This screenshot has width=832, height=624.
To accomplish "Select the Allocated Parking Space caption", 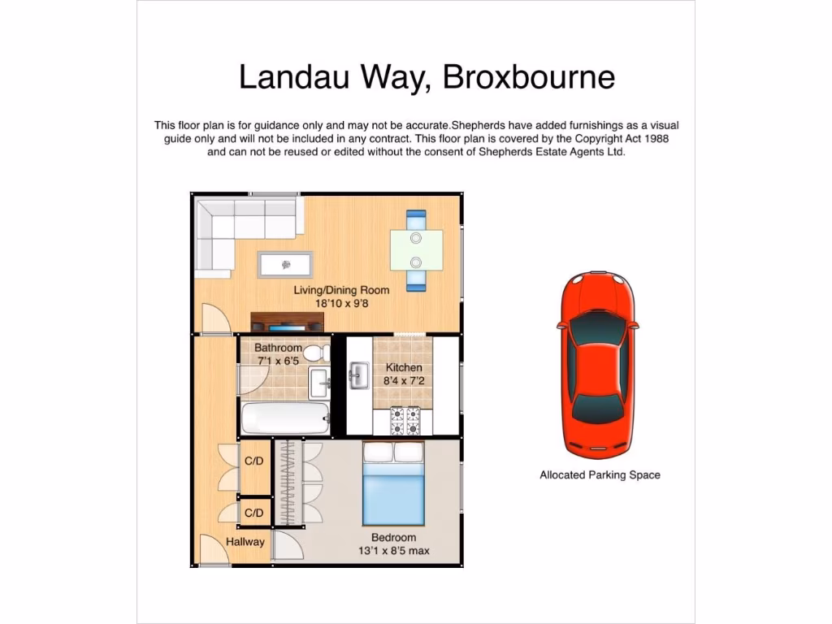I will [x=600, y=475].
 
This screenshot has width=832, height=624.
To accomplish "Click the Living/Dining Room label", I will [x=341, y=290].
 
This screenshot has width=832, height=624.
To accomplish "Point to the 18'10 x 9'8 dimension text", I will [x=341, y=304].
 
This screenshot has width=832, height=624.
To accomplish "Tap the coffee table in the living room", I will [x=285, y=264].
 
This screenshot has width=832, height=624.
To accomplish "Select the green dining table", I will [x=416, y=249].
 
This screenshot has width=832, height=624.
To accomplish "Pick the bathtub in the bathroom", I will [x=284, y=419].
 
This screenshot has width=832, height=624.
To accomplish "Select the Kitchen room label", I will [x=404, y=367].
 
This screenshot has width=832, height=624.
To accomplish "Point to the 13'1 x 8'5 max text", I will [x=393, y=552].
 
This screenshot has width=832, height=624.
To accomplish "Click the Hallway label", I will [x=245, y=542].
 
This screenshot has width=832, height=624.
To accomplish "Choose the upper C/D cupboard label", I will [x=254, y=461].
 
